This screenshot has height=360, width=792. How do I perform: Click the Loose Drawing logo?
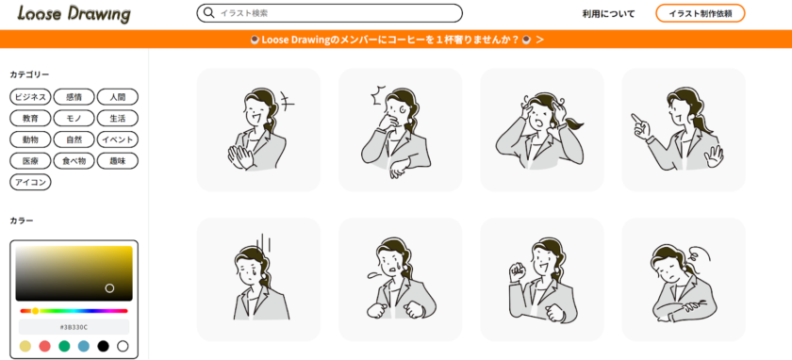tap(74, 13)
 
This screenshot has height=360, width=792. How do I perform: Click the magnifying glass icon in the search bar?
tap(208, 13)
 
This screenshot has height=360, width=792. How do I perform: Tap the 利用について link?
tap(608, 13)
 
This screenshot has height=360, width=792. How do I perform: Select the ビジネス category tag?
tap(30, 97)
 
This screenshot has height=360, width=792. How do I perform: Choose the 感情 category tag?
tap(74, 97)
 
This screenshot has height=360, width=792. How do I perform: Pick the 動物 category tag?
tap(30, 139)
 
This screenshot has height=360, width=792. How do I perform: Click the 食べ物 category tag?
tap(74, 161)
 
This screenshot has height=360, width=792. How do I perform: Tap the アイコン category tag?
tap(30, 182)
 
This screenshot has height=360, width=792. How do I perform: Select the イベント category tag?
tap(117, 139)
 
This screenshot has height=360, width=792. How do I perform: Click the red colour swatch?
tap(44, 347)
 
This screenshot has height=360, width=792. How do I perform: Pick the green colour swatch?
tap(64, 347)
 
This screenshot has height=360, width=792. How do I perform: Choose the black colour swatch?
tap(103, 347)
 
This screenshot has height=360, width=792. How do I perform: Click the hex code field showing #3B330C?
tap(74, 327)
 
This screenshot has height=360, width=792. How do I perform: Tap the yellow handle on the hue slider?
tap(36, 311)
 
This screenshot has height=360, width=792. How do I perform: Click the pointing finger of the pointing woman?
tap(635, 119)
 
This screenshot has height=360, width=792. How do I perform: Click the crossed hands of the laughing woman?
tap(239, 157)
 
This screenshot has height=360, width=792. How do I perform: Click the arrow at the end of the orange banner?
tap(539, 40)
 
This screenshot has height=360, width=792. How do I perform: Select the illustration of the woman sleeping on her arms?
tap(684, 279)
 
